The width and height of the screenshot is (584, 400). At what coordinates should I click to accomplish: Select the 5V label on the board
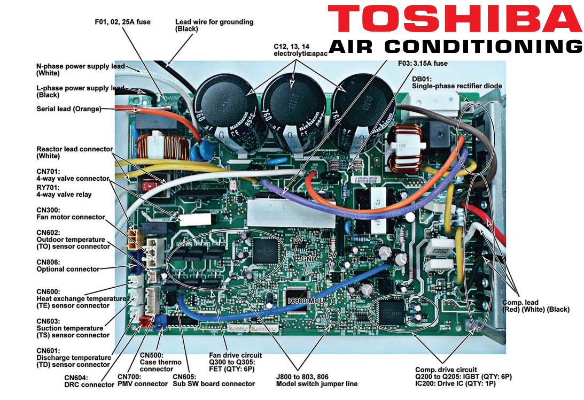coord(332,255)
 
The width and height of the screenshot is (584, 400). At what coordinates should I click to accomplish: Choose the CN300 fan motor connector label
coord(67,214)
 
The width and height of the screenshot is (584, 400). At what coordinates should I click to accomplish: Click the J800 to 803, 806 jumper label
coord(316,380)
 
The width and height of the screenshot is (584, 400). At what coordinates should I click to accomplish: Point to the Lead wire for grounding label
coord(214,25)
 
